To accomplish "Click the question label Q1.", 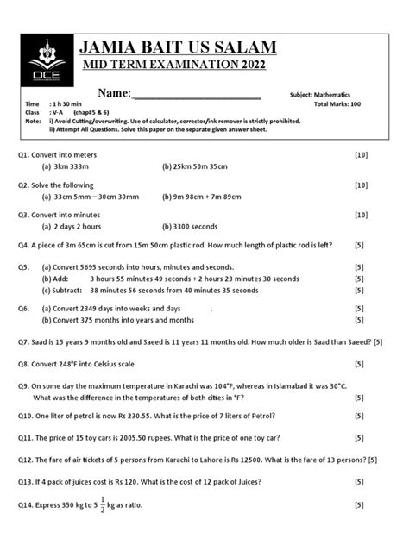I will pyautogui.click(x=26, y=154).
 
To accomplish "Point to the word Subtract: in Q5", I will pyautogui.click(x=73, y=291).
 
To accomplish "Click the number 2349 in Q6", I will pyautogui.click(x=107, y=308).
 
